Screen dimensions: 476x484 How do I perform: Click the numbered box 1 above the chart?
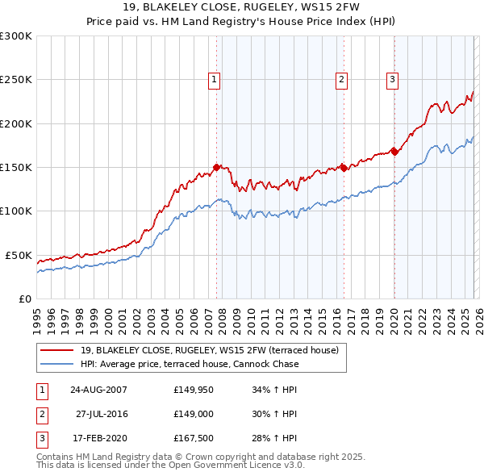[214, 79]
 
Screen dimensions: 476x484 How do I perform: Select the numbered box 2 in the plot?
[342, 79]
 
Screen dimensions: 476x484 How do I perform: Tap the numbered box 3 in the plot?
[392, 79]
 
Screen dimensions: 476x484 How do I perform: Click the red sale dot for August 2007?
[216, 167]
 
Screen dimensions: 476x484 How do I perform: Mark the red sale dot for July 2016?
[344, 168]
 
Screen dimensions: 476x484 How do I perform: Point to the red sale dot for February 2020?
[394, 152]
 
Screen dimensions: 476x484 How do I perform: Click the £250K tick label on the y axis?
[16, 80]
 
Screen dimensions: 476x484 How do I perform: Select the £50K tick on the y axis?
[19, 255]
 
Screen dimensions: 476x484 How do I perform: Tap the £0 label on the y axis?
[24, 299]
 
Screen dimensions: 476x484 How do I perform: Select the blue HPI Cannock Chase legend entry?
[189, 364]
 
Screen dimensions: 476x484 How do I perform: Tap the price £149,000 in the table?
[192, 414]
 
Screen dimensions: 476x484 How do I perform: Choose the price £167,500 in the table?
[192, 438]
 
